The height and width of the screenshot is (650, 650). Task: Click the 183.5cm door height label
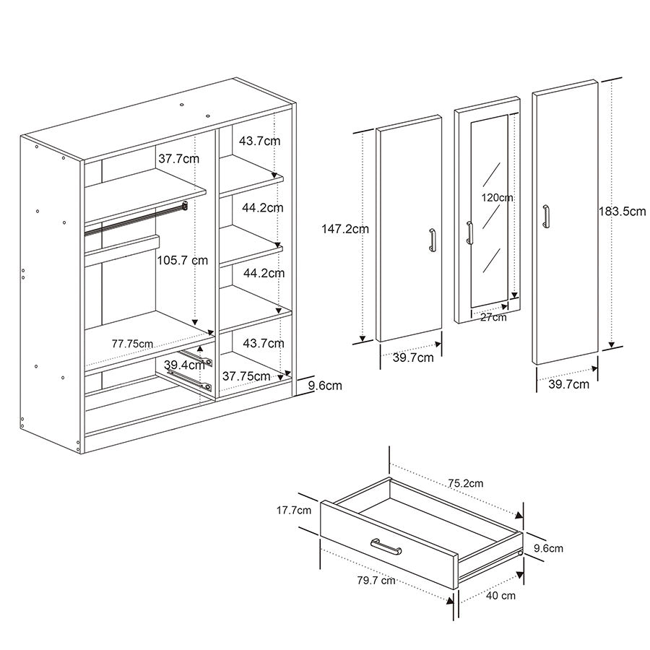(622, 212)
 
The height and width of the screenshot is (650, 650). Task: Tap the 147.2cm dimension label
(345, 229)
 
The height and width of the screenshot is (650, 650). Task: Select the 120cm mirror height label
(497, 198)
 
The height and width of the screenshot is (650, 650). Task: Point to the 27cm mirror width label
(493, 318)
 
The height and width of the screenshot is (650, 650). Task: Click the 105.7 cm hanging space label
(183, 260)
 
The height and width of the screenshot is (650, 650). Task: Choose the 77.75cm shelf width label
(132, 344)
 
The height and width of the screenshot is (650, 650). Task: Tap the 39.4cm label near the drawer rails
(184, 365)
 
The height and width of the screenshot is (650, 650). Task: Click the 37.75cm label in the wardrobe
(246, 376)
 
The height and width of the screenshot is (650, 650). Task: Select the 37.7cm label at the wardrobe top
(178, 159)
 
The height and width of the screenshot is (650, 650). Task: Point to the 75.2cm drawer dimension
(466, 483)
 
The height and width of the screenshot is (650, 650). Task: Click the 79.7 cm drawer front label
(376, 581)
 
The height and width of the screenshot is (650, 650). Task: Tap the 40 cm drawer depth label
(500, 596)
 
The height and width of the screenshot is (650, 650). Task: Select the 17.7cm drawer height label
(294, 511)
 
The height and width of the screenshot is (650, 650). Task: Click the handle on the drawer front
(386, 547)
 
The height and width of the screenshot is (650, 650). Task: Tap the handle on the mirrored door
(469, 233)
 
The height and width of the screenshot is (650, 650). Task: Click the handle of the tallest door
(546, 216)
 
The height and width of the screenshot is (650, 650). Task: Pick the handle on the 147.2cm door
(433, 240)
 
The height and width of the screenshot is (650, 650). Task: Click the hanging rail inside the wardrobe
(136, 218)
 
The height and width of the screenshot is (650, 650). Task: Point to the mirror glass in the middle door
(489, 211)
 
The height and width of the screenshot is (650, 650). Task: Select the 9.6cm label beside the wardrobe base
(325, 386)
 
